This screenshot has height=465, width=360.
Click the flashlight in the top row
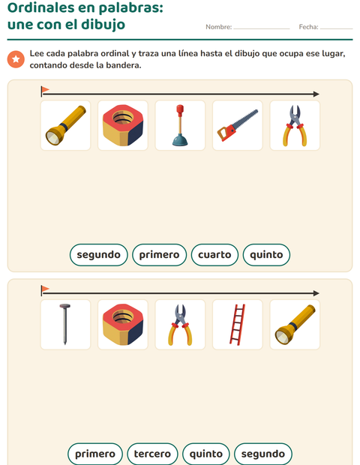tap(65, 125)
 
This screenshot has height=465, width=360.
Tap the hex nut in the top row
tap(123, 125)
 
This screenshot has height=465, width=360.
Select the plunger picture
tap(180, 125)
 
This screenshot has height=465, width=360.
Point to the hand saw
tap(238, 125)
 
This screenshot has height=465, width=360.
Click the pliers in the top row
tap(295, 125)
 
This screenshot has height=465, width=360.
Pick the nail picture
tap(65, 324)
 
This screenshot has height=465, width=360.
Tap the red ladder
tap(238, 325)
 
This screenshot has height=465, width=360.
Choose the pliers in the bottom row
tap(180, 325)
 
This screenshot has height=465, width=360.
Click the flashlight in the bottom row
tap(295, 325)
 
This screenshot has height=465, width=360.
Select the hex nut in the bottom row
tap(123, 325)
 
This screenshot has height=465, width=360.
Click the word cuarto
tap(214, 255)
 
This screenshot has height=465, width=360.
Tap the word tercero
tap(152, 454)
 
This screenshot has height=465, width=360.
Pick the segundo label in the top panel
tap(99, 255)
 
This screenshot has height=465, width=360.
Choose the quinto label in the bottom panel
tap(206, 454)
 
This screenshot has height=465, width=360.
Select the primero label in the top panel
tap(159, 255)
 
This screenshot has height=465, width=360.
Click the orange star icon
tap(16, 59)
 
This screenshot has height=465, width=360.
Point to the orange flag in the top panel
tap(45, 89)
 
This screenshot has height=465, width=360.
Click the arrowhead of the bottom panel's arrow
tap(316, 293)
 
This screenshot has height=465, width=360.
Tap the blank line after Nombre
tap(262, 28)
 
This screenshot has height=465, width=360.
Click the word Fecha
tap(308, 27)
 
